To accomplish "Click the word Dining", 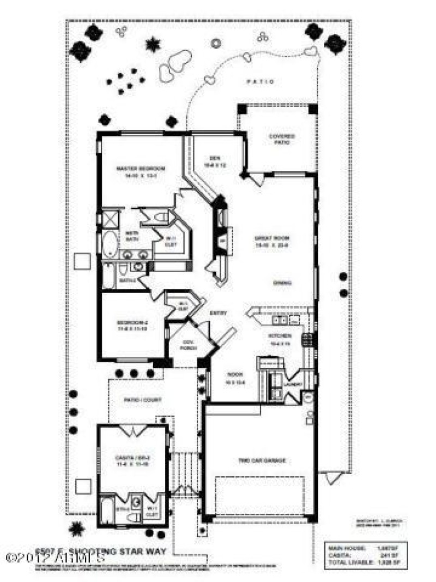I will [x=282, y=283].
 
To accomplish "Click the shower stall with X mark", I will [x=111, y=219].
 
